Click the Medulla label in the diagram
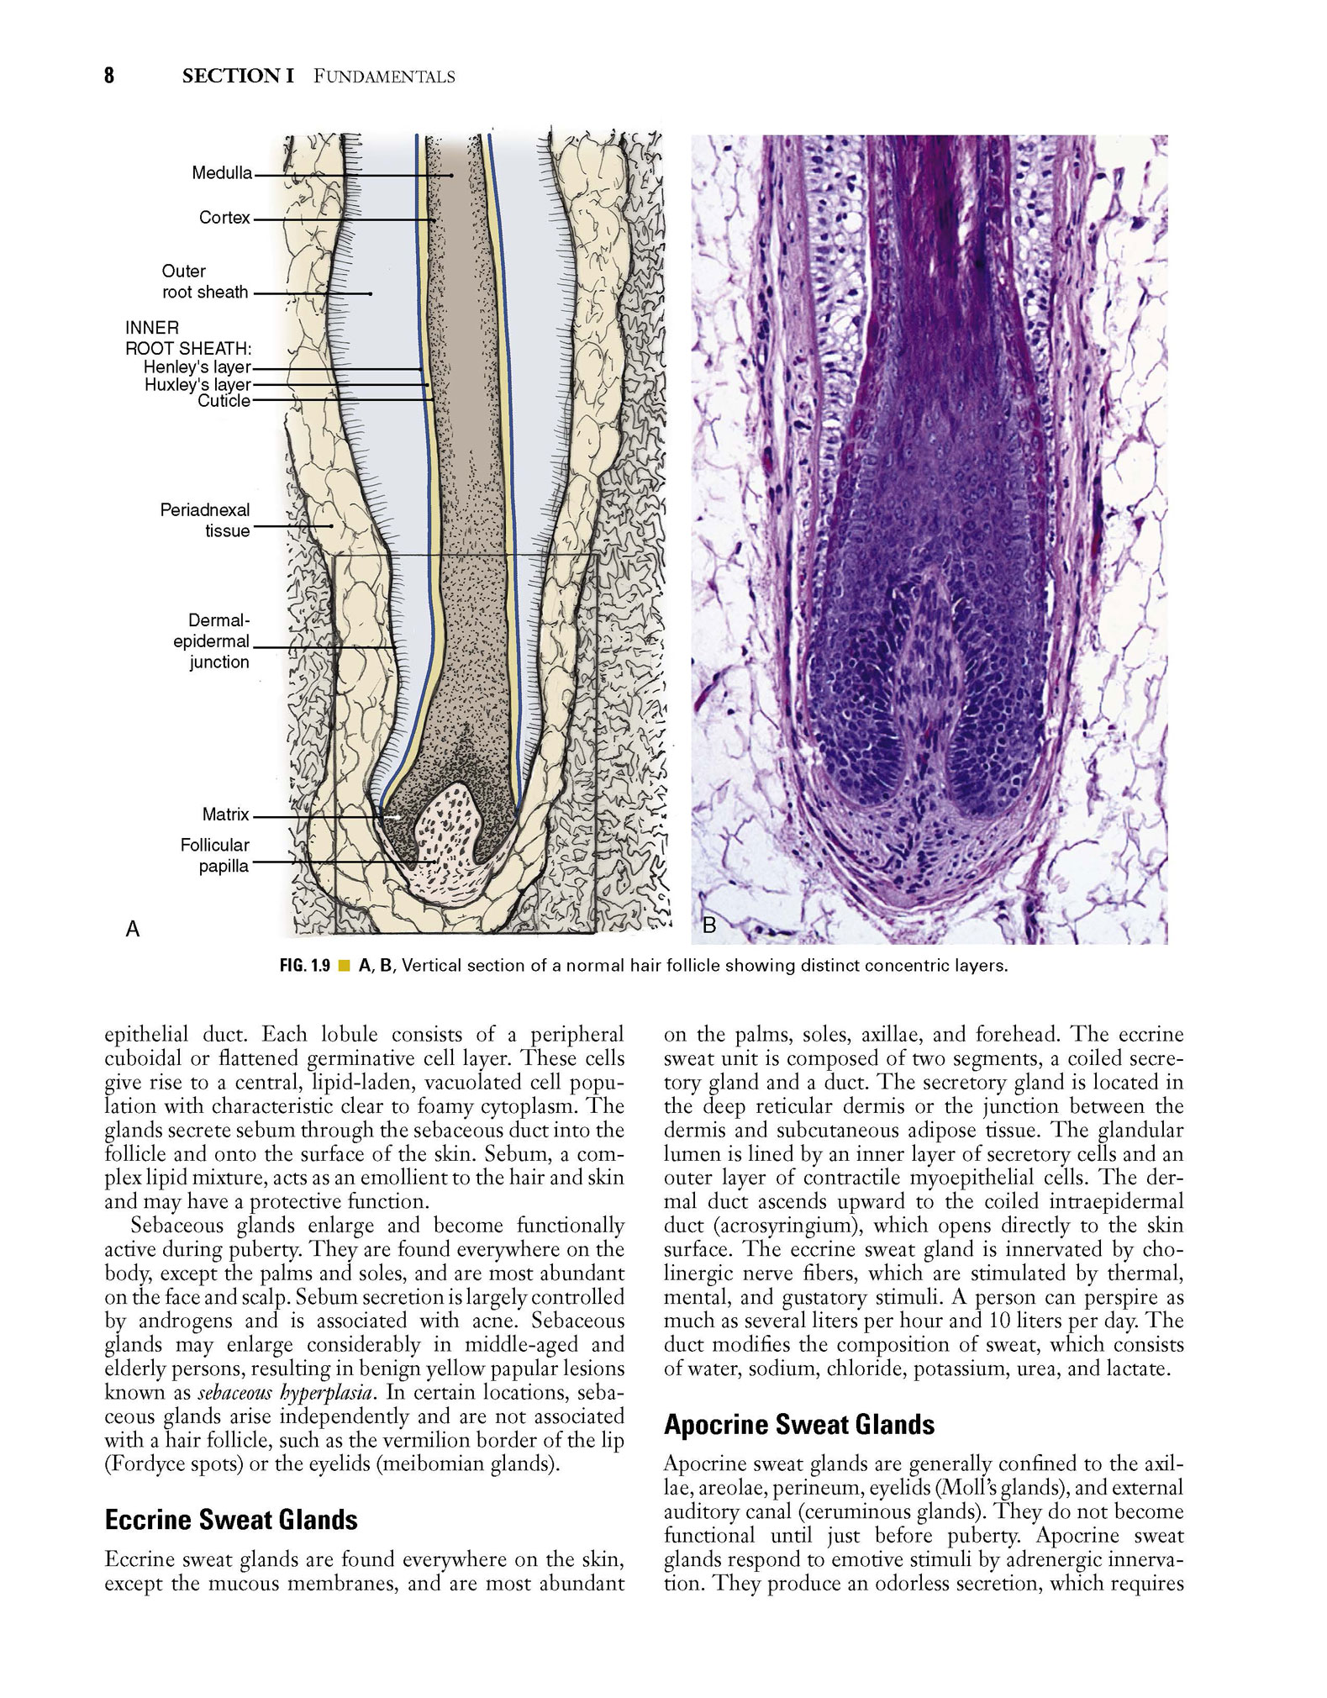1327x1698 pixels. [222, 173]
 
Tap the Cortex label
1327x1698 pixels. [224, 218]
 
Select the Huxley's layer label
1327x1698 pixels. [197, 386]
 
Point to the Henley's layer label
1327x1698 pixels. [197, 367]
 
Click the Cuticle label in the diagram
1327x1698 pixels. [224, 401]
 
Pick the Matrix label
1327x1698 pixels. [225, 815]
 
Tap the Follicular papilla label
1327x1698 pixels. [214, 856]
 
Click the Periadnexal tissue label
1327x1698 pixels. [205, 520]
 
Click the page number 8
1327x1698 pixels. [109, 76]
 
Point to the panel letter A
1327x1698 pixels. [132, 928]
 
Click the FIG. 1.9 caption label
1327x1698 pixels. [304, 966]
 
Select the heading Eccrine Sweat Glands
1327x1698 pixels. [231, 1520]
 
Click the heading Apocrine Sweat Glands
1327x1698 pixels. [799, 1425]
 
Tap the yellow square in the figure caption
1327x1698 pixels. [343, 967]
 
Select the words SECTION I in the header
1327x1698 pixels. [238, 76]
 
